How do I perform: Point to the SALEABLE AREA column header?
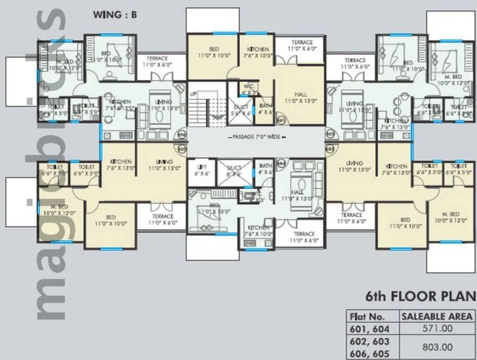point(436,316)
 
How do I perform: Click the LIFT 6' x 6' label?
point(201,170)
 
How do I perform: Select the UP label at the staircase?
point(193,94)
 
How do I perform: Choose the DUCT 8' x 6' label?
point(234,170)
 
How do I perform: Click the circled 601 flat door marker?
point(282,120)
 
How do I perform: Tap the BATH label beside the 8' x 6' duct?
point(265,169)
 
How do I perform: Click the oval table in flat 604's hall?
point(302,184)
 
